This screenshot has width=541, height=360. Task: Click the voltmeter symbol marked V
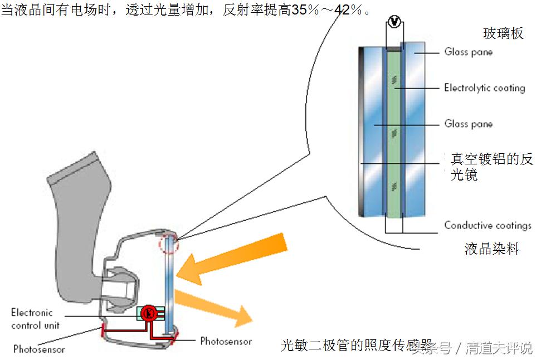click(394, 21)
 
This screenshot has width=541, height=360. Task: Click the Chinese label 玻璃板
click(503, 34)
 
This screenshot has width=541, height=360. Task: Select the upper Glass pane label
click(468, 52)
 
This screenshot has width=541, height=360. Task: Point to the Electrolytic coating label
click(484, 88)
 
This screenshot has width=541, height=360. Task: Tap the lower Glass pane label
click(468, 124)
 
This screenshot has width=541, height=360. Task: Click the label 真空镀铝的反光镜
click(491, 167)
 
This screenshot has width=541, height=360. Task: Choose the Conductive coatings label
click(488, 226)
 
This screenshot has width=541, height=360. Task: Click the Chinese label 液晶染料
click(491, 249)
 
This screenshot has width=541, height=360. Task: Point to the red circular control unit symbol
click(149, 313)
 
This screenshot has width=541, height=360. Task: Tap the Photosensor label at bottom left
click(39, 350)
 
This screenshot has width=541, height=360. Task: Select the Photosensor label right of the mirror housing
click(226, 341)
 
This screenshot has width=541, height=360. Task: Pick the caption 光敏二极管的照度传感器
click(357, 346)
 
